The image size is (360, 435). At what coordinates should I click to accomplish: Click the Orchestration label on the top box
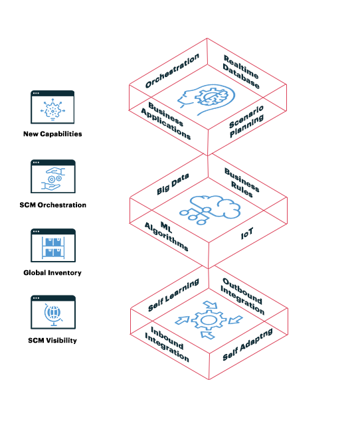pos(172,72)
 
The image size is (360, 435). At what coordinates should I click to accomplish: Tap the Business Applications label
pos(169,121)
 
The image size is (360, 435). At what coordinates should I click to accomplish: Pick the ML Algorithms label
pos(167,234)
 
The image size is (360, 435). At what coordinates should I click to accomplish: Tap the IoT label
pos(246,234)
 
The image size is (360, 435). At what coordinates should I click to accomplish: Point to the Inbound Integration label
pos(167,344)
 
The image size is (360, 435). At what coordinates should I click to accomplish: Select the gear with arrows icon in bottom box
pos(208,320)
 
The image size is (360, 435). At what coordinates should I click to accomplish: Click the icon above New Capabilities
pos(53,108)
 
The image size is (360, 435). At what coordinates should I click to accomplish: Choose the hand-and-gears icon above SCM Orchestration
pos(53,177)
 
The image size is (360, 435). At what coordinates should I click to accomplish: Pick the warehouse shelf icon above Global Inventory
pos(53,246)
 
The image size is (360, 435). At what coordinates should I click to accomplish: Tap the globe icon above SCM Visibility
pos(53,315)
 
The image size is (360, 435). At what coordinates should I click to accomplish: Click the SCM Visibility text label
pos(52,341)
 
